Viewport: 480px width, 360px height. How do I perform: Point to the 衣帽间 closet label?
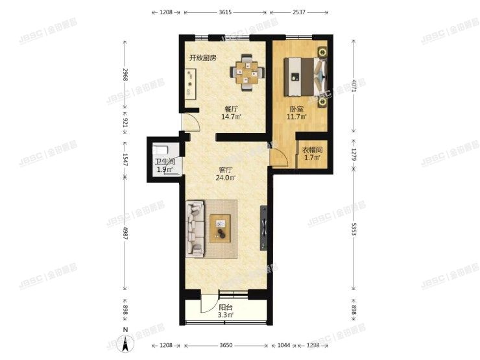tap(312, 150)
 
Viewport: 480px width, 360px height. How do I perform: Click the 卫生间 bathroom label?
tap(163, 162)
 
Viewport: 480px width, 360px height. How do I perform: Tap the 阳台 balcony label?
tap(225, 309)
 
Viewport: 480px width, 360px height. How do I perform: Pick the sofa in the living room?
tap(195, 228)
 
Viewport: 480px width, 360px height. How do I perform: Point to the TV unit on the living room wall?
tap(263, 228)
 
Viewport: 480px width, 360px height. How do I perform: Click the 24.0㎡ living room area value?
tap(226, 180)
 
